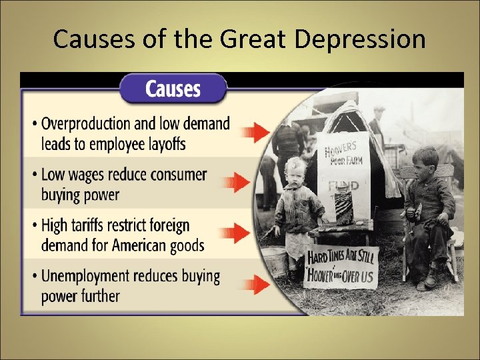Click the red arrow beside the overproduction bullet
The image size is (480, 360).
coord(255,131)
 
